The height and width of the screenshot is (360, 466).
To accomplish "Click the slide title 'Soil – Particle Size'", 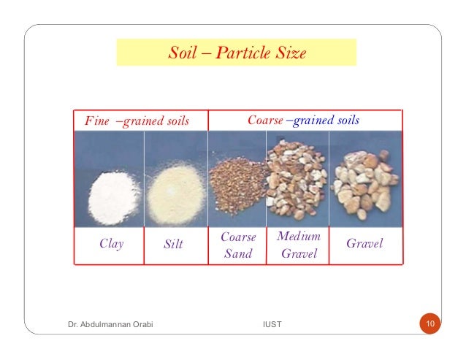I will coord(237,53).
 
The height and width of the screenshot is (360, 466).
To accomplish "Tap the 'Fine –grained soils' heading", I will coord(137,120).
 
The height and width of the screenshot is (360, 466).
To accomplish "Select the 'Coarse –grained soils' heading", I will coord(303,120).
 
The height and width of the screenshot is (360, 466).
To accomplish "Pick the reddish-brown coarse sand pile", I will coord(238,184).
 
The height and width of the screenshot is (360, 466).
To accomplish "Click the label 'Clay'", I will coord(111,244).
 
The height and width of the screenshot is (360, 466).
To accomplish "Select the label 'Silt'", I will coord(173,245).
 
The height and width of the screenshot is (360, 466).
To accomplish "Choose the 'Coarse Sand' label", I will coord(238,245).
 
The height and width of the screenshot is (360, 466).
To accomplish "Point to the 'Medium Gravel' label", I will coord(299,245).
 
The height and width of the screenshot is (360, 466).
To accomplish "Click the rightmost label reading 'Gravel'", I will coord(364,242).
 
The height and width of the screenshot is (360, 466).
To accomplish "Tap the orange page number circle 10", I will coord(430,323).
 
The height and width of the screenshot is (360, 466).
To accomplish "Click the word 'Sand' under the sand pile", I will coord(238,254).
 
